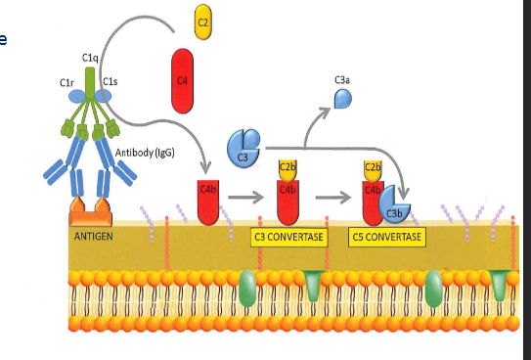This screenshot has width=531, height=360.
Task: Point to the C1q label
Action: [x=91, y=61]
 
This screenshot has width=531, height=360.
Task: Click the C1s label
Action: [x=111, y=81]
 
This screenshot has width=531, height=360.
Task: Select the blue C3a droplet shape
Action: [x=343, y=98]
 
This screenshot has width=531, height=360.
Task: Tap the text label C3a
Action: [x=342, y=78]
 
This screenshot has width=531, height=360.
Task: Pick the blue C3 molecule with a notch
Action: [x=243, y=150]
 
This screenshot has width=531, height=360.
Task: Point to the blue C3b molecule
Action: [x=394, y=202]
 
